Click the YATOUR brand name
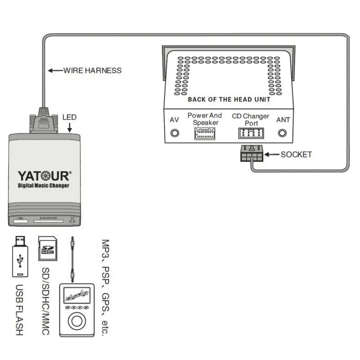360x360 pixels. (x=44, y=176)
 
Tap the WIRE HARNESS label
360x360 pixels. (x=92, y=70)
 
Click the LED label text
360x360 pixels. (x=70, y=117)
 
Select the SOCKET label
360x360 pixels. (x=296, y=154)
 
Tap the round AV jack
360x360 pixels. (x=175, y=134)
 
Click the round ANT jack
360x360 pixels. (x=283, y=133)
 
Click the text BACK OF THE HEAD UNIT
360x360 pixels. (x=229, y=99)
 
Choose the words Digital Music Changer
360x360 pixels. (x=44, y=186)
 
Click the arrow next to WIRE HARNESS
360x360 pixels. (x=55, y=70)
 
